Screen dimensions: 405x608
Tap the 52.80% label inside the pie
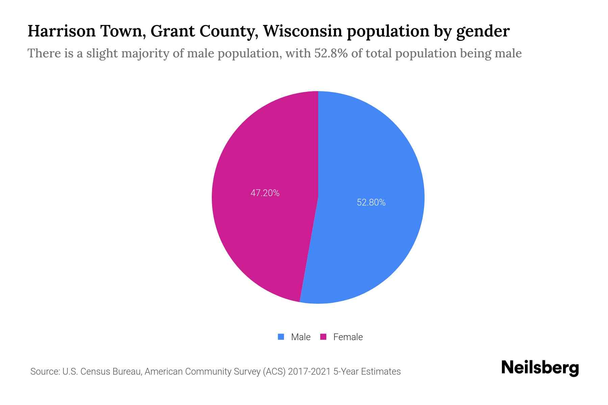pyautogui.click(x=371, y=202)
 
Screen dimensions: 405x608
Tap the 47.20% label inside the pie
pyautogui.click(x=265, y=193)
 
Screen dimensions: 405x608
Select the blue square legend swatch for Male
pyautogui.click(x=281, y=337)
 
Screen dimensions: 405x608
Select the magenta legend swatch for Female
pyautogui.click(x=323, y=337)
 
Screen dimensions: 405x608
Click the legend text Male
pyautogui.click(x=301, y=337)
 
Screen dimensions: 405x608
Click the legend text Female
pyautogui.click(x=348, y=337)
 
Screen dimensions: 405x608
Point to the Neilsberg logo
pyautogui.click(x=540, y=368)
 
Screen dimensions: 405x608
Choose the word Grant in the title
pyautogui.click(x=172, y=31)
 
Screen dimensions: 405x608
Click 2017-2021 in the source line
pyautogui.click(x=309, y=372)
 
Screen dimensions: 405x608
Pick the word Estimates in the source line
pyautogui.click(x=381, y=372)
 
